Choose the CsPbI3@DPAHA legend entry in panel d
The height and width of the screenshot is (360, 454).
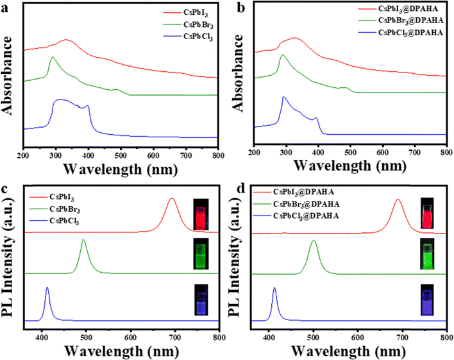(304, 191)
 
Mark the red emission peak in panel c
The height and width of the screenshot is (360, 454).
(171, 199)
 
